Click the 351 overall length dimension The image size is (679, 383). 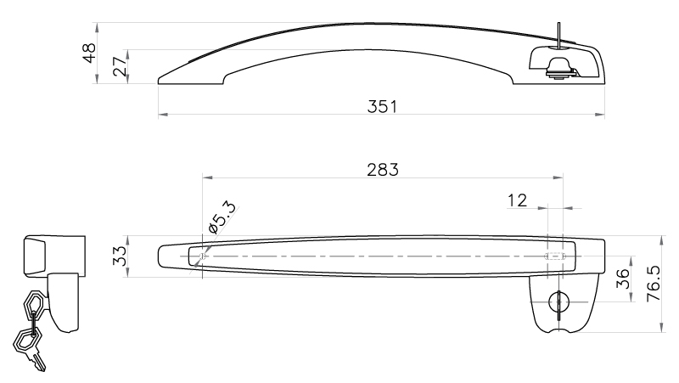click(381, 107)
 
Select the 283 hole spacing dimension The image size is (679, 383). click(383, 170)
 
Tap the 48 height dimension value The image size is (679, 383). click(90, 53)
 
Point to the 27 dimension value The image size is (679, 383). click(120, 66)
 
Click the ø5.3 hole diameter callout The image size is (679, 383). click(222, 217)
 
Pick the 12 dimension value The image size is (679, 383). click(517, 200)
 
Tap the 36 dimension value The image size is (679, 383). click(622, 279)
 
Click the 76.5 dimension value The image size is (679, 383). click(653, 284)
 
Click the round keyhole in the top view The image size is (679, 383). click(558, 301)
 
